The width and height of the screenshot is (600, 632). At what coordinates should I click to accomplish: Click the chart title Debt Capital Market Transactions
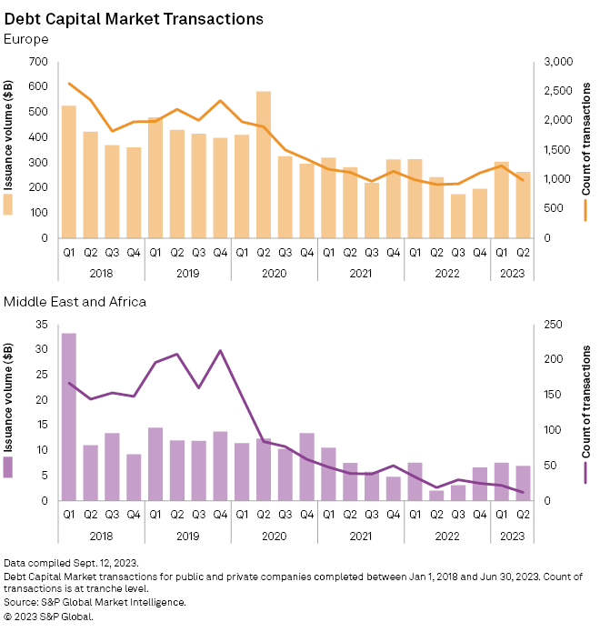tap(135, 18)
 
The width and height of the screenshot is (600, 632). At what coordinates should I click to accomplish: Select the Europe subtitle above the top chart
tap(26, 39)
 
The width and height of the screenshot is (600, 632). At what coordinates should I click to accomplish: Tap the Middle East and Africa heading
tap(75, 301)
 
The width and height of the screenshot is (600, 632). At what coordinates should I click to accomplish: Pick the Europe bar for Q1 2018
tap(68, 172)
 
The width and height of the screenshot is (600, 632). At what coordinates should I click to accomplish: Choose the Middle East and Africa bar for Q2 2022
tap(436, 495)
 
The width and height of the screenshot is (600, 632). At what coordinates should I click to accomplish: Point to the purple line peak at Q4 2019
tap(220, 351)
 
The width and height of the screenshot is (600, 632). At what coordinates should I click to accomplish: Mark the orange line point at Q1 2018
tap(69, 84)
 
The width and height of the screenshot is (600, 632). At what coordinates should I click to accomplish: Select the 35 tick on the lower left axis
tap(41, 325)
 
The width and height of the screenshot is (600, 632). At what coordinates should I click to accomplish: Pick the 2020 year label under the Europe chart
tap(274, 270)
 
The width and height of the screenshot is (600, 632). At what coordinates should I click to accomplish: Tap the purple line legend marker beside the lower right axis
tap(586, 474)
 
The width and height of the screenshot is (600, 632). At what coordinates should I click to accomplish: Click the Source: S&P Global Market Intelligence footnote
tap(95, 602)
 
